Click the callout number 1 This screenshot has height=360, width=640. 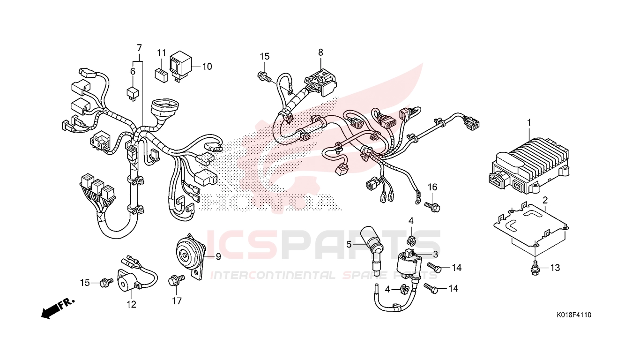[528, 123]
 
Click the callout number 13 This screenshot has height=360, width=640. [555, 268]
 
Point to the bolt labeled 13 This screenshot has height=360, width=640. [534, 269]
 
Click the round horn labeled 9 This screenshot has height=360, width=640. [190, 255]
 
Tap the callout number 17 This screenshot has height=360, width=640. [177, 301]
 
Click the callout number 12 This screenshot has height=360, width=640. [132, 305]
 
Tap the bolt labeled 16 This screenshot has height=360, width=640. [432, 206]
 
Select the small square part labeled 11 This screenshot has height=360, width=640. [162, 75]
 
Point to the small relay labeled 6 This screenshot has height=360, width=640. [133, 93]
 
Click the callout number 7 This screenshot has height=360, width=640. [139, 47]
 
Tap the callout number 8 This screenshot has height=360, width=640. [320, 52]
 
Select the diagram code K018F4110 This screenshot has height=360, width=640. [574, 315]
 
